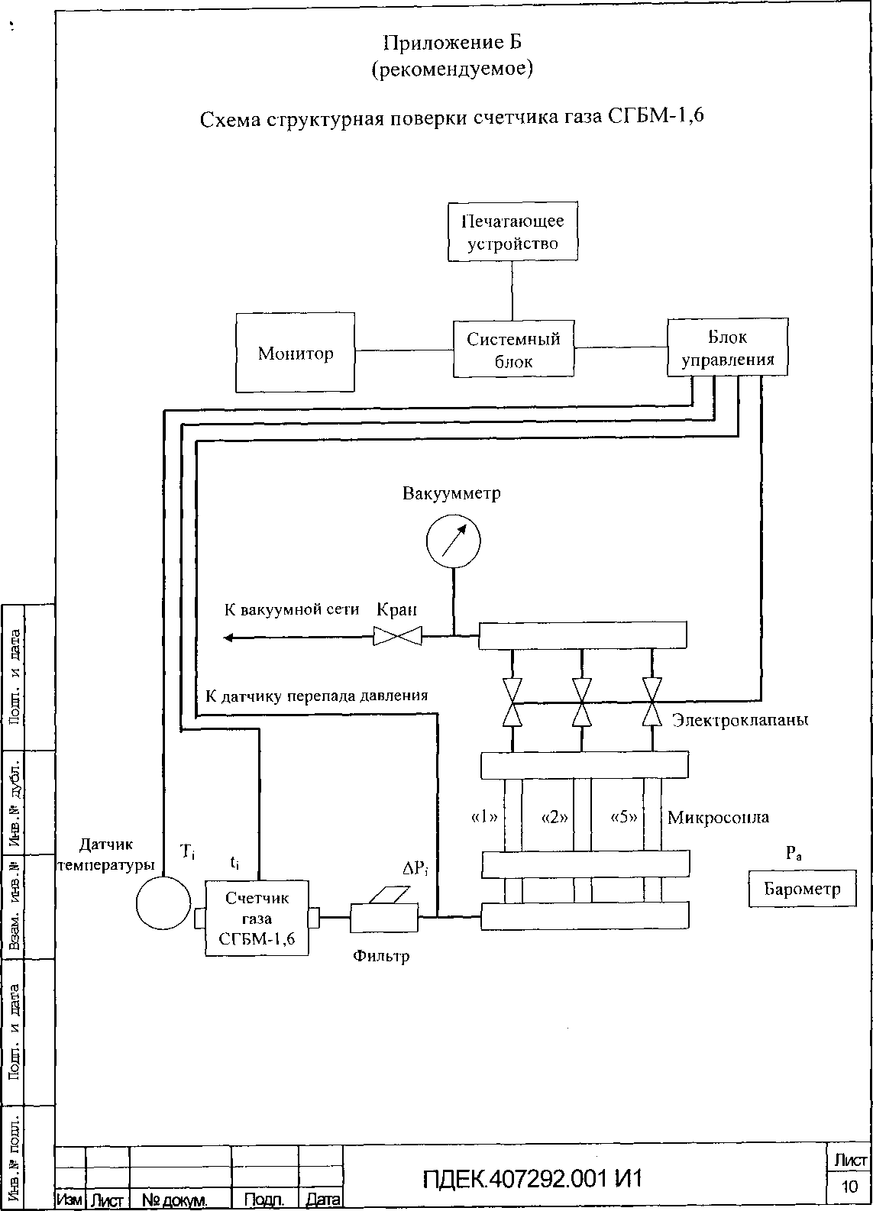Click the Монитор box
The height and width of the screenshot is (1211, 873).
(x=295, y=352)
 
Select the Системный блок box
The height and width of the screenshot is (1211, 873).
(x=513, y=349)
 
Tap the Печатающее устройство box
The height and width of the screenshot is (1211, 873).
(x=512, y=232)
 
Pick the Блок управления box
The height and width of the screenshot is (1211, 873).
(x=727, y=347)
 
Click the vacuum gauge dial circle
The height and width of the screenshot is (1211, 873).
(x=454, y=542)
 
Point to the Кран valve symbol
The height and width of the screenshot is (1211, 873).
(x=397, y=635)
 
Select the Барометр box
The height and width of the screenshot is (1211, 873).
(x=802, y=889)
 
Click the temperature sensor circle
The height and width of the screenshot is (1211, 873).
(x=163, y=904)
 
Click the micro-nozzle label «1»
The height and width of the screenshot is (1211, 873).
(x=485, y=817)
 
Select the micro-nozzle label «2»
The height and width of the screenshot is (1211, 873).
(x=555, y=817)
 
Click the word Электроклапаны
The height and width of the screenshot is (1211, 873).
(x=739, y=720)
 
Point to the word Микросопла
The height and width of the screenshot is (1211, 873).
(x=718, y=818)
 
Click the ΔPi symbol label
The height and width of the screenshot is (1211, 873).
(x=415, y=868)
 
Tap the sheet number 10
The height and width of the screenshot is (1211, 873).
(x=849, y=1186)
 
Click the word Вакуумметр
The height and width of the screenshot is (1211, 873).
(x=451, y=493)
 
